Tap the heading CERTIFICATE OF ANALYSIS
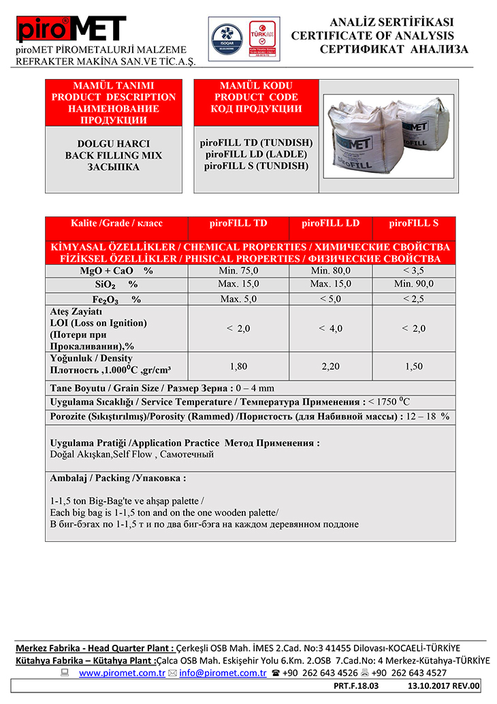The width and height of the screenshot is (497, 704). tap(373, 35)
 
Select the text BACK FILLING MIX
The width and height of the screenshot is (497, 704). tap(114, 156)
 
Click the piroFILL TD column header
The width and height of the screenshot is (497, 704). tap(236, 223)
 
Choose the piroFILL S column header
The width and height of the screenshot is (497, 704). tap(413, 223)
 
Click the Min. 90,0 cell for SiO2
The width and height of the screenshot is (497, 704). tap(413, 284)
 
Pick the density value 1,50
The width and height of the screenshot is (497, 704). tap(413, 366)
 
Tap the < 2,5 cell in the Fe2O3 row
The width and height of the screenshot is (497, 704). tap(413, 299)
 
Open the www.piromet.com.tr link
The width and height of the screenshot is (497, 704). tap(123, 673)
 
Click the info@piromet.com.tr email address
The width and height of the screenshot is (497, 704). tap(223, 673)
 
